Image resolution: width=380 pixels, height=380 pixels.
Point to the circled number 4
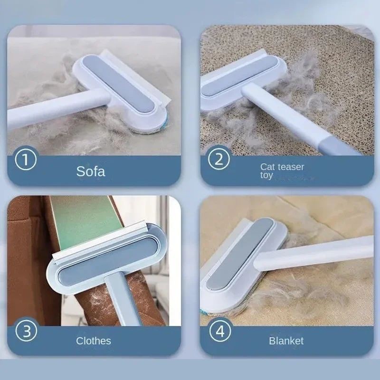220,331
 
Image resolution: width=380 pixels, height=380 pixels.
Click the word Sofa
91,171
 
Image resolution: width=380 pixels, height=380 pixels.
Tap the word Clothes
94,341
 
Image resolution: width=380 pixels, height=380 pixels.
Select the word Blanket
286,341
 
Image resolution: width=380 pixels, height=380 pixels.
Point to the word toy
266,175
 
